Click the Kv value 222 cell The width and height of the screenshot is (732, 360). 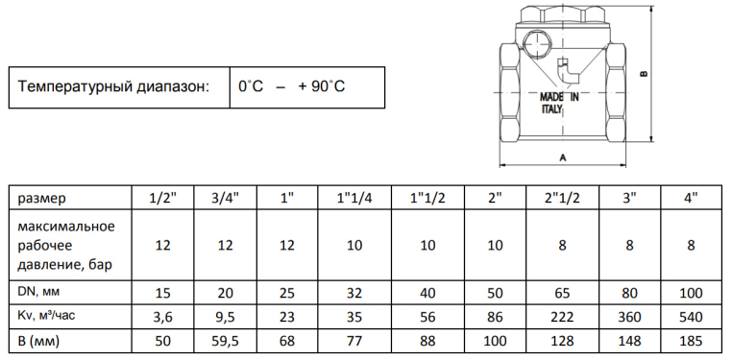tap(562, 317)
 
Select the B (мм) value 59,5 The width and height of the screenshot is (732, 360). tap(225, 341)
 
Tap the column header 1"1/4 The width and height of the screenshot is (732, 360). tap(354, 198)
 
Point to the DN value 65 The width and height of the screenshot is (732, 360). tap(562, 293)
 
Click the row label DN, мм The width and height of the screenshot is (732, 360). tap(39, 292)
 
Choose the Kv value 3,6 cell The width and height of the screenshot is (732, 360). tap(163, 317)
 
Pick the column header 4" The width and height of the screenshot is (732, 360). tap(692, 198)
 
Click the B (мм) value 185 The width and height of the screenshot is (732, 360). tap(692, 341)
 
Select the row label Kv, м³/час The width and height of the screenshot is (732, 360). tap(47, 316)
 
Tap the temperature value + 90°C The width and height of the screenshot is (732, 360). tap(322, 86)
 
